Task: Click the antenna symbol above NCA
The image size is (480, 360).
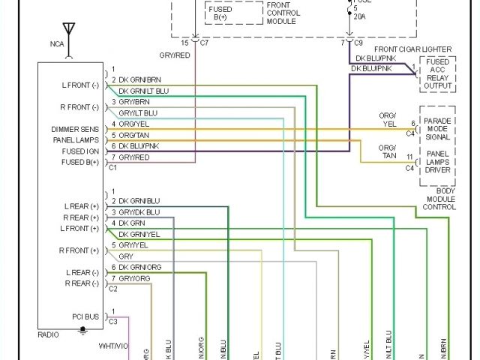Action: click(x=69, y=32)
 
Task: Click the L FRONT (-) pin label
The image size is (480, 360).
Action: click(x=80, y=85)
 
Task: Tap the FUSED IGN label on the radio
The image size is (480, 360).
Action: click(x=79, y=151)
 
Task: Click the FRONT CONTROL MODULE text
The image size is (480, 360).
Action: click(x=283, y=13)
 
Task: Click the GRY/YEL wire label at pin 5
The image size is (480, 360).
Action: click(x=133, y=244)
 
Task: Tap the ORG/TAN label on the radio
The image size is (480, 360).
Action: click(x=134, y=135)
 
